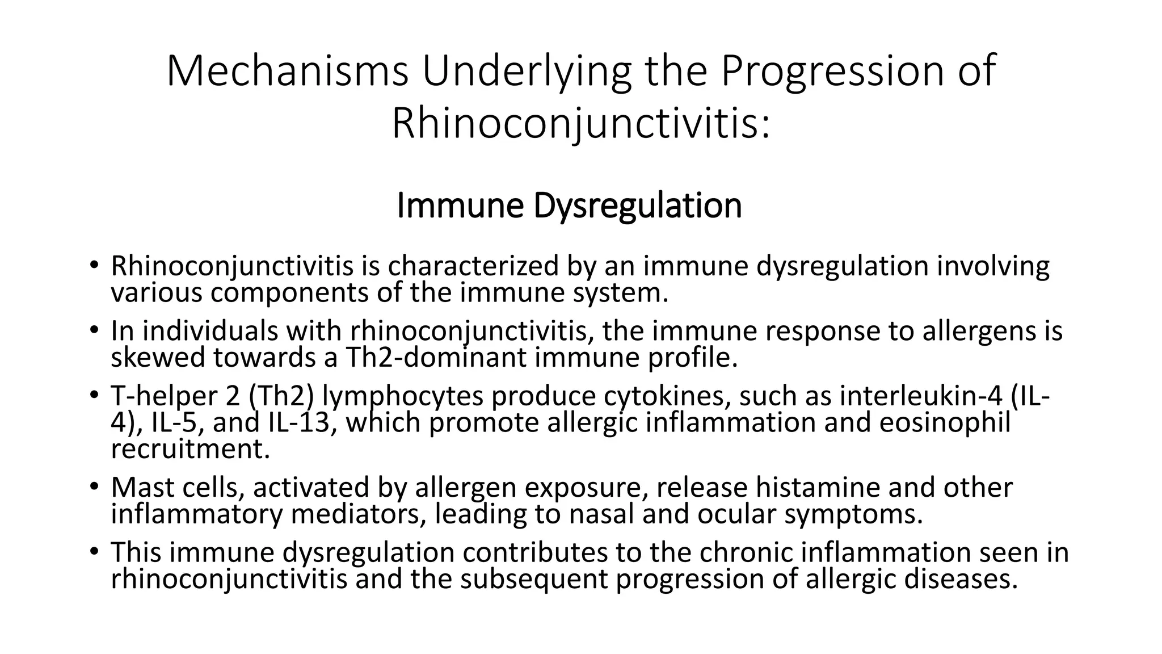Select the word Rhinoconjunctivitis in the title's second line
point(581,123)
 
